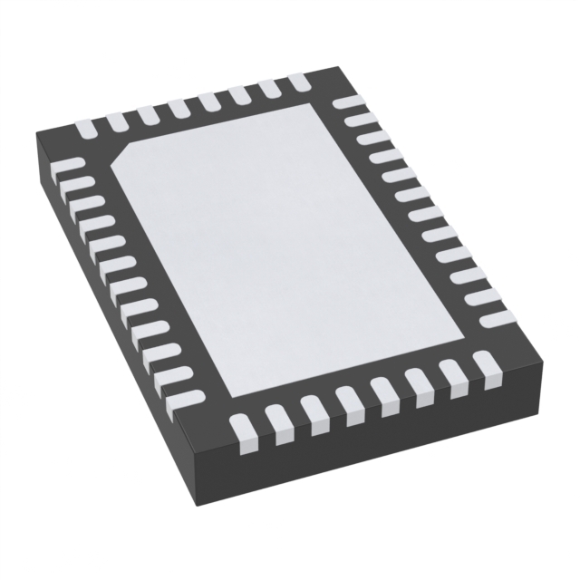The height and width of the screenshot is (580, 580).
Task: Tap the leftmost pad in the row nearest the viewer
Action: tap(242, 432)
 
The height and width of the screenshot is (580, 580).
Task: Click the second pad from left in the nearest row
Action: tap(277, 423)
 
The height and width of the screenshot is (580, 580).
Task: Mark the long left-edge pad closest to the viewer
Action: tap(186, 396)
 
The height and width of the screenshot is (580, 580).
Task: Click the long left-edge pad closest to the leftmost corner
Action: tap(71, 168)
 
